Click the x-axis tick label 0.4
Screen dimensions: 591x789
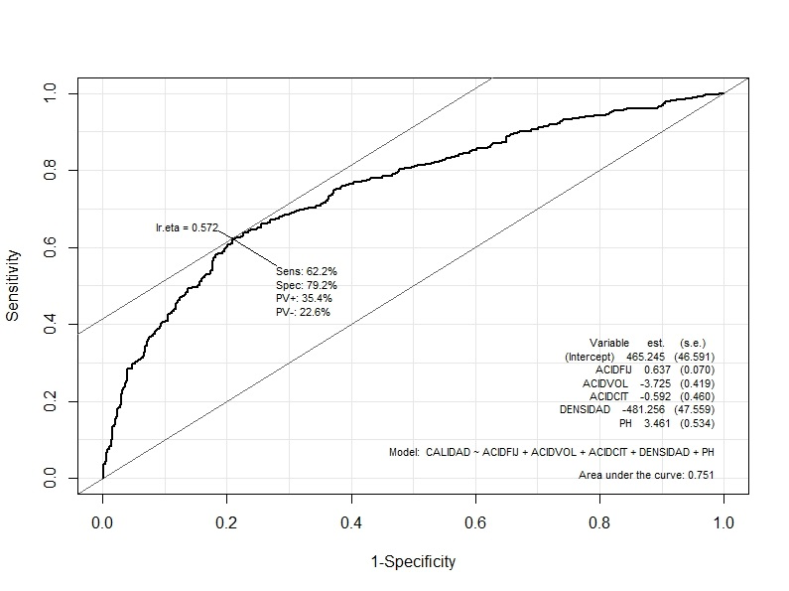(350, 521)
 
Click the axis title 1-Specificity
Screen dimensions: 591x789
(413, 562)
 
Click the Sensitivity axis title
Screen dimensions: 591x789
(14, 285)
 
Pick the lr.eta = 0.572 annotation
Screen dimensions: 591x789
(187, 227)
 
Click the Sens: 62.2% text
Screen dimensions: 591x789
(307, 270)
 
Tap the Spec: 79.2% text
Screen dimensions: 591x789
(307, 284)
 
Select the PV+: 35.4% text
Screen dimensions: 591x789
(304, 298)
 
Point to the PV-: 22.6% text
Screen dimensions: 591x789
(303, 312)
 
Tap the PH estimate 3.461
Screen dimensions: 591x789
(656, 423)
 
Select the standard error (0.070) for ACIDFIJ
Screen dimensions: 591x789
(698, 369)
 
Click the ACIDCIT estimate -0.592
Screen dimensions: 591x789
(653, 396)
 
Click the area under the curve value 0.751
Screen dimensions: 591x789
(702, 475)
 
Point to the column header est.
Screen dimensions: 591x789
(655, 343)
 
